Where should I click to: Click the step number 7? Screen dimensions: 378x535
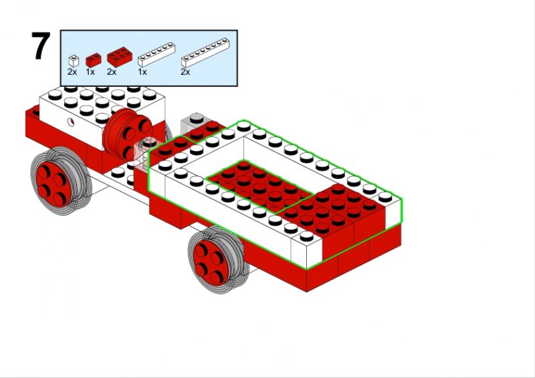(40, 47)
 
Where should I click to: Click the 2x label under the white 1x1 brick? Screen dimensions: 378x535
(72, 71)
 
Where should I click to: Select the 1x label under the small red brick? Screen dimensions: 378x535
(90, 71)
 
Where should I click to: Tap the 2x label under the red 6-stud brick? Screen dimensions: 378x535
(111, 71)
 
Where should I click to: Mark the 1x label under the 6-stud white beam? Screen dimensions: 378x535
(142, 71)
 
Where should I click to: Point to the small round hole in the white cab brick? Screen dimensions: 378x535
(70, 122)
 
